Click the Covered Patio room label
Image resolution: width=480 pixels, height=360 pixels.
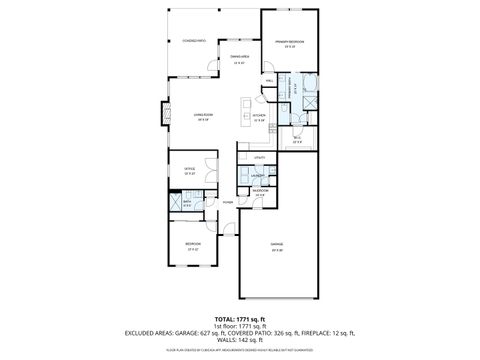click(x=194, y=41)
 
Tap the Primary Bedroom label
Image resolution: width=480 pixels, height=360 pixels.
click(x=288, y=41)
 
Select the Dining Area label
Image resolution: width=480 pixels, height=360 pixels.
click(x=239, y=57)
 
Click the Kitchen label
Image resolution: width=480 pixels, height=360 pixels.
click(x=258, y=116)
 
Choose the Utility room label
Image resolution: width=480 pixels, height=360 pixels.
click(x=259, y=158)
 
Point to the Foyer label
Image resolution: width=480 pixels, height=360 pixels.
click(x=228, y=202)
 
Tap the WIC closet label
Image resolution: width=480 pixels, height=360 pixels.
click(x=297, y=138)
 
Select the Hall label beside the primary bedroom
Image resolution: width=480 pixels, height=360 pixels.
click(x=270, y=80)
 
